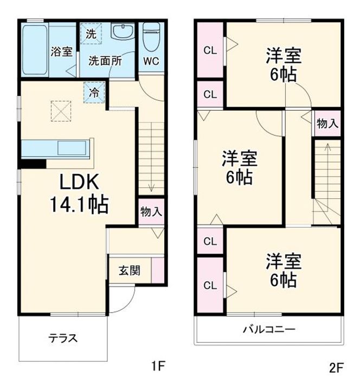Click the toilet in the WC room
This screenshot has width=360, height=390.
tap(151, 37)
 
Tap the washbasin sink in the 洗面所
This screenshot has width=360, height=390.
tap(123, 31)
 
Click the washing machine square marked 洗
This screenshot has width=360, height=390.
tap(91, 34)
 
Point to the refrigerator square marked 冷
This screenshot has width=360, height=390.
tap(94, 92)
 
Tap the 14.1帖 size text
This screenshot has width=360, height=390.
tap(79, 204)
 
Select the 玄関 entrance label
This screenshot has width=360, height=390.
tap(130, 271)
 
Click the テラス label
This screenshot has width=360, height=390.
tap(63, 338)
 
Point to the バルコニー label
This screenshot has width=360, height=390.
tap(269, 329)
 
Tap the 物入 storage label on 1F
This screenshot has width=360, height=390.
tap(151, 212)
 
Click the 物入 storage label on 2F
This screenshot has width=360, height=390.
tap(327, 123)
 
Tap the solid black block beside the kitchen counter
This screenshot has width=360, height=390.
tap(34, 164)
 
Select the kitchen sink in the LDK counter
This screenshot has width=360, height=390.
tap(72, 148)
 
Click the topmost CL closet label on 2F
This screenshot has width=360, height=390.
tap(210, 50)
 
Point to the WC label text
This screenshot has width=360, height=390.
tap(151, 61)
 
